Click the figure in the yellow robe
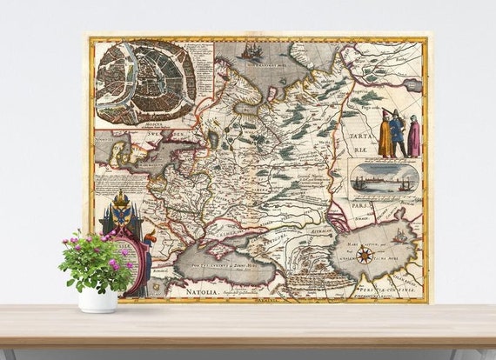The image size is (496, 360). click(385, 137)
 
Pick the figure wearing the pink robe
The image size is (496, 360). click(413, 137)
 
